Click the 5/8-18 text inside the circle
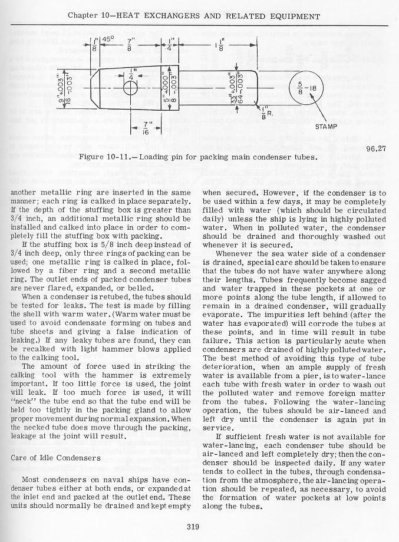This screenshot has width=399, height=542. [x=305, y=88]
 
